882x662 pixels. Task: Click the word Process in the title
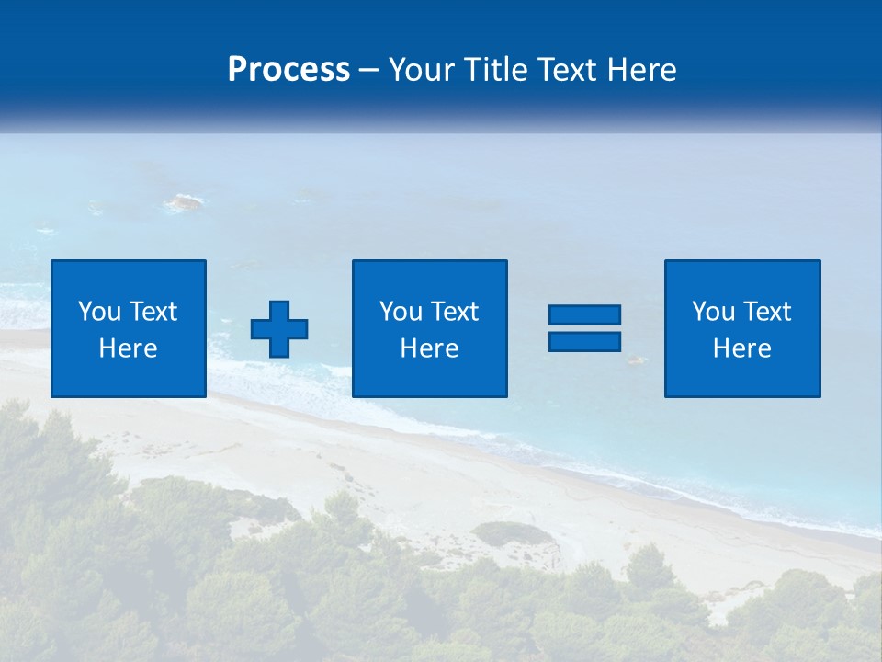click(288, 70)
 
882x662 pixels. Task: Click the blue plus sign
click(279, 328)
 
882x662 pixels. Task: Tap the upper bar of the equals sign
click(584, 315)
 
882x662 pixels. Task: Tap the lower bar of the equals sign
click(584, 341)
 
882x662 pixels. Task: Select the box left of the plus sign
click(129, 377)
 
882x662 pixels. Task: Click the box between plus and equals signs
click(430, 377)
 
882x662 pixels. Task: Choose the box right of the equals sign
click(742, 377)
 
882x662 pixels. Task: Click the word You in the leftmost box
click(99, 312)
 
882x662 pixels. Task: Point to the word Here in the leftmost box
click(128, 348)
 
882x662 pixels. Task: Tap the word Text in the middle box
click(456, 312)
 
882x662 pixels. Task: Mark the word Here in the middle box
click(429, 348)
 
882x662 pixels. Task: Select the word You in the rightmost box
click(713, 312)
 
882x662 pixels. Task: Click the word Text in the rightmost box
click(768, 312)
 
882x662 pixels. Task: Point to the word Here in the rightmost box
click(741, 348)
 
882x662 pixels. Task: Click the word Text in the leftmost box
click(154, 312)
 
